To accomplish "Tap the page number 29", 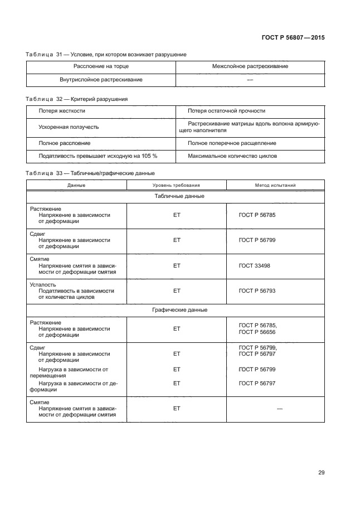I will pyautogui.click(x=321, y=473).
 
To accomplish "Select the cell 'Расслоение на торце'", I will pyautogui.click(x=101, y=66).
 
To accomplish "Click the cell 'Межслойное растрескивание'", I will pyautogui.click(x=250, y=66).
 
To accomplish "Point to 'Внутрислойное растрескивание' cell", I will pyautogui.click(x=101, y=80).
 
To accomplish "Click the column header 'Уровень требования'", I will pyautogui.click(x=176, y=185).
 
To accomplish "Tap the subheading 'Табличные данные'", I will pyautogui.click(x=176, y=196).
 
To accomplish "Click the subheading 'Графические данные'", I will pyautogui.click(x=176, y=309).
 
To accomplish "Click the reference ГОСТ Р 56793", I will pyautogui.click(x=257, y=290).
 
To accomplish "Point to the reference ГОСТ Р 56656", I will pyautogui.click(x=257, y=332).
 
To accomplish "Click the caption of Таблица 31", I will pyautogui.click(x=106, y=54).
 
